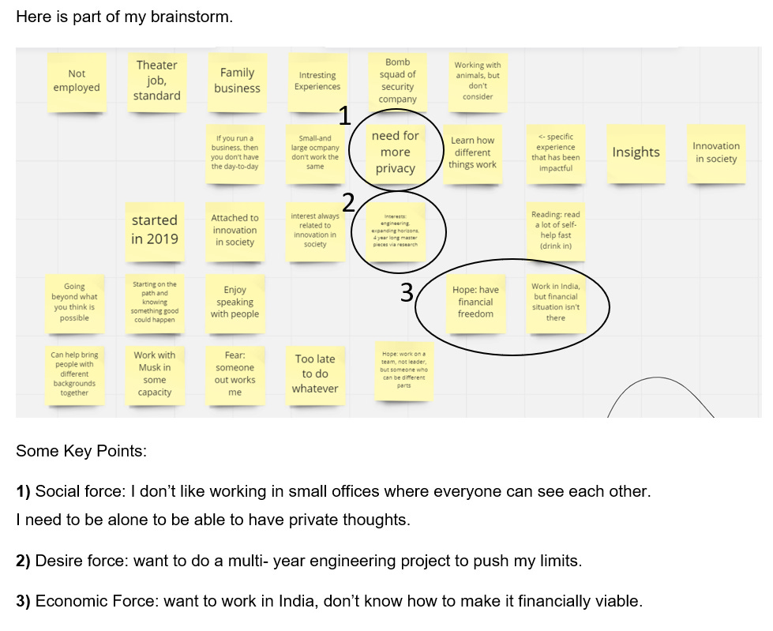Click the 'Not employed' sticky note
coord(77,81)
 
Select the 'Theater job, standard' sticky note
coord(157,81)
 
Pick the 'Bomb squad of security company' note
coord(397,81)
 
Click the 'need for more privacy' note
coord(395,152)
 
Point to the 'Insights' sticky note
coord(636,152)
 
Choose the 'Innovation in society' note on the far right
coord(715,152)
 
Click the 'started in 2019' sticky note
coord(155,230)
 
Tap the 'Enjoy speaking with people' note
coord(235,302)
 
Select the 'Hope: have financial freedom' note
coord(475,302)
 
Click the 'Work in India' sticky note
coord(555,302)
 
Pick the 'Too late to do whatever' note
coord(315,374)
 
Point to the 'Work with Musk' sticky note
coord(155,374)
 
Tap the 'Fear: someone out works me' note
coord(235,374)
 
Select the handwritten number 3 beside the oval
coord(407,293)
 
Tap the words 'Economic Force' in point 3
coord(96,602)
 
